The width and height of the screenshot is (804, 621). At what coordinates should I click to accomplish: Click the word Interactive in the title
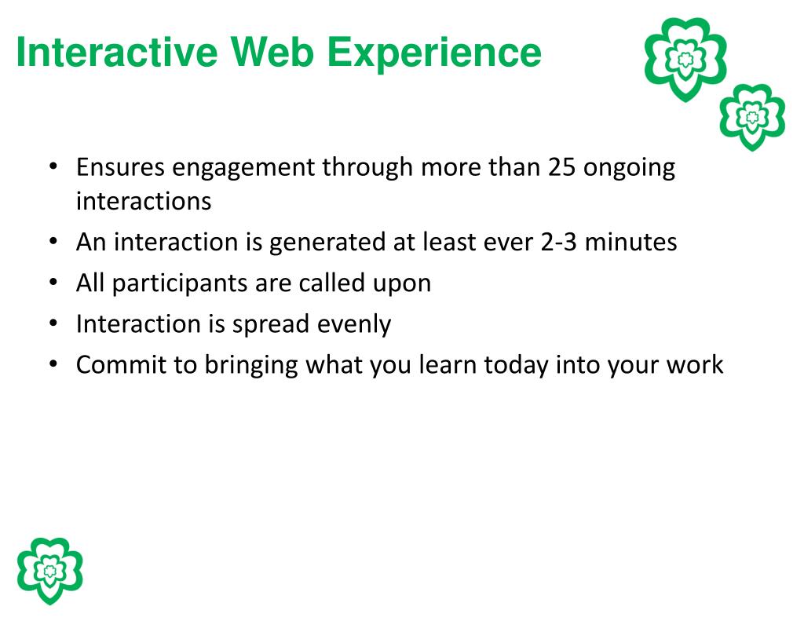click(x=117, y=52)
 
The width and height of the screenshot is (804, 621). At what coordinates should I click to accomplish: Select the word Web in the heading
click(x=272, y=52)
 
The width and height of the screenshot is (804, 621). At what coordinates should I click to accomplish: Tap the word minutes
click(x=630, y=242)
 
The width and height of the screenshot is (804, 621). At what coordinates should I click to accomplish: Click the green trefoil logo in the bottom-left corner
click(x=49, y=570)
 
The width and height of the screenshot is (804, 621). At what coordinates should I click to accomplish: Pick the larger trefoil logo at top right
click(x=685, y=59)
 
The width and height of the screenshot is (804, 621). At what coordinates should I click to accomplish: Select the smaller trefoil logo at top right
click(x=752, y=117)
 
